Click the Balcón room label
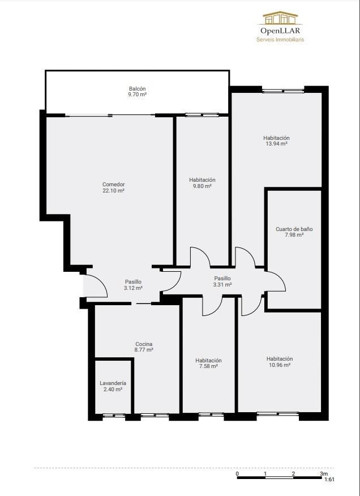click(x=137, y=91)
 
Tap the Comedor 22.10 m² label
click(x=113, y=187)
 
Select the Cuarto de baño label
click(x=294, y=232)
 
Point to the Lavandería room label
click(x=113, y=386)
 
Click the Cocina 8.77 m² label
click(x=144, y=347)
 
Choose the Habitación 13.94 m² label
click(x=276, y=141)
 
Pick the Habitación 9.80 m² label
click(x=202, y=183)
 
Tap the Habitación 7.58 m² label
click(x=208, y=363)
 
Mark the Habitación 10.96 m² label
click(x=280, y=362)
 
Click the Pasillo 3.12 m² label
click(x=133, y=285)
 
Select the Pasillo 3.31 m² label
click(x=222, y=281)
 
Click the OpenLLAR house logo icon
click(x=280, y=18)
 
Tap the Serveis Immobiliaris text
click(x=280, y=40)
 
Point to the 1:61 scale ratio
click(x=329, y=479)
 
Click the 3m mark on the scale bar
click(x=324, y=473)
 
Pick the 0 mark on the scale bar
click(x=237, y=473)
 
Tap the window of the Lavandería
click(x=114, y=416)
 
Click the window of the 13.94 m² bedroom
click(x=283, y=91)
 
